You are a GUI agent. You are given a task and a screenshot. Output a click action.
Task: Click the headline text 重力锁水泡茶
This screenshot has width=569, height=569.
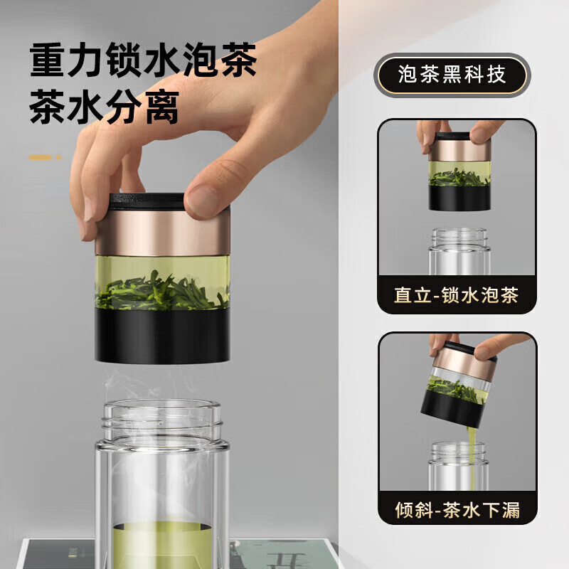click(x=143, y=62)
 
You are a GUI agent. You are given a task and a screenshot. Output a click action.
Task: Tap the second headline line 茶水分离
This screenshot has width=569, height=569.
click(x=104, y=108)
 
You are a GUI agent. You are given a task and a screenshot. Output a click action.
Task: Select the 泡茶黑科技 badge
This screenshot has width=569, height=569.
click(x=452, y=75)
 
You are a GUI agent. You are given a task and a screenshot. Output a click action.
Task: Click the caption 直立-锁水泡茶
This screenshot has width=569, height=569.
click(x=457, y=295)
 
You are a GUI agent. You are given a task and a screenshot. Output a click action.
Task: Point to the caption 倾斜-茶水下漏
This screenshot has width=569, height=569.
click(x=457, y=509)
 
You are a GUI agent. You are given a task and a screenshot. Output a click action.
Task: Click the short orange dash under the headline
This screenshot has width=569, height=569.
click(x=43, y=156)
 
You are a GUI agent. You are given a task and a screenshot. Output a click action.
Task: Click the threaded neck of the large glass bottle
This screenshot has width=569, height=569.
click(x=162, y=420)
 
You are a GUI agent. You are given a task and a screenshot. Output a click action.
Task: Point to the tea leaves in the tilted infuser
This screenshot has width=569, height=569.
click(x=455, y=389)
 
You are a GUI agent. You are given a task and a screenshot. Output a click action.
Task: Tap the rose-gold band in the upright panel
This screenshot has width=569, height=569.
click(x=459, y=149)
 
